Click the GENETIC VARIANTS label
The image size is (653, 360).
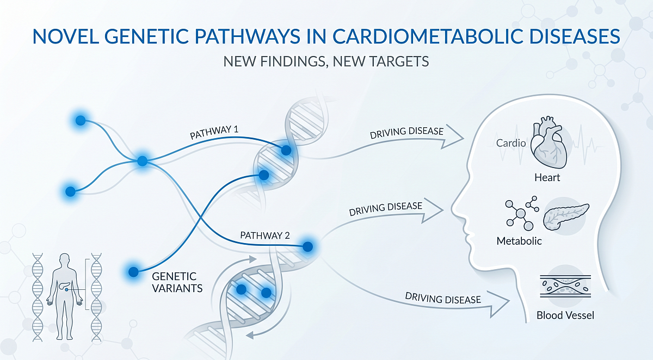point(174,282)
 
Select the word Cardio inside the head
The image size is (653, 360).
point(511,144)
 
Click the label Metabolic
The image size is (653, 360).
point(519,241)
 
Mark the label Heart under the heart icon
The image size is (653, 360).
point(547,177)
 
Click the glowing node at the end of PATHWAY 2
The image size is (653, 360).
point(307,246)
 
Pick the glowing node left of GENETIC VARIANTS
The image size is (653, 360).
point(133,270)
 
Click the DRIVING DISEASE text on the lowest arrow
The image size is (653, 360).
point(443,298)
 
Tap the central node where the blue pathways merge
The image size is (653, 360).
point(142,161)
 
